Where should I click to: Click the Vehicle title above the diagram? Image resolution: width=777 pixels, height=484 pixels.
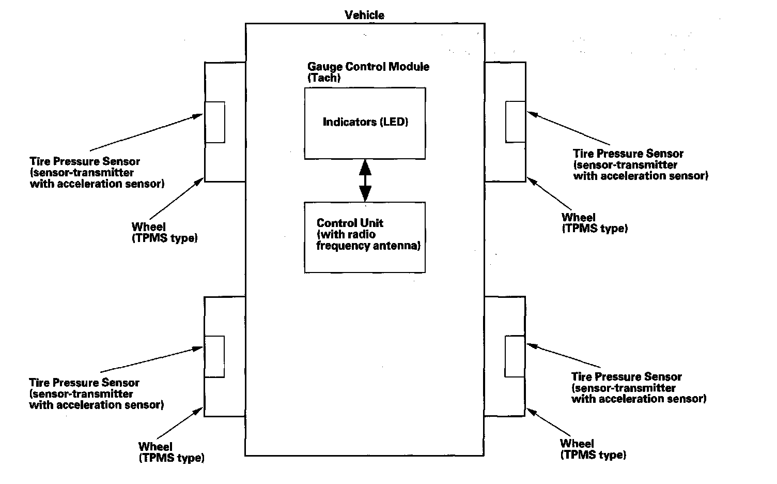[364, 15]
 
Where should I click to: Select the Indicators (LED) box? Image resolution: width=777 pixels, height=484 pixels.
[365, 123]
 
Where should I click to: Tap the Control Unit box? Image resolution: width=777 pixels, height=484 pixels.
[365, 237]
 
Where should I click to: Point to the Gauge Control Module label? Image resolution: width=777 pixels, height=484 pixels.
[368, 67]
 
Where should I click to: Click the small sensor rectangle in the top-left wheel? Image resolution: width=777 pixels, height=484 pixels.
[215, 122]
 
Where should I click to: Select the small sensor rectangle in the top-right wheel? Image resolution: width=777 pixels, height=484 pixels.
[515, 122]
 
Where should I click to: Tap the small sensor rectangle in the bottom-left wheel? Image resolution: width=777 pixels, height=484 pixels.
[214, 356]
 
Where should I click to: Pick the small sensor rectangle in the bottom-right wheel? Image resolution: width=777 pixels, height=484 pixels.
[515, 356]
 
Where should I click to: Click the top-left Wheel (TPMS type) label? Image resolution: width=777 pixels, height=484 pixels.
[164, 232]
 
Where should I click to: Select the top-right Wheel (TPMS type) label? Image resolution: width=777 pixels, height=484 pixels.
[594, 222]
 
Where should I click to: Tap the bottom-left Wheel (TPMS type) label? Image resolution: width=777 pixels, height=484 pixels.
[171, 452]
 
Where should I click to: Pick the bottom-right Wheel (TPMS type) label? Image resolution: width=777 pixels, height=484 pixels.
[593, 449]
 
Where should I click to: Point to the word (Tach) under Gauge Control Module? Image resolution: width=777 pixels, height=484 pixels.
[324, 78]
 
